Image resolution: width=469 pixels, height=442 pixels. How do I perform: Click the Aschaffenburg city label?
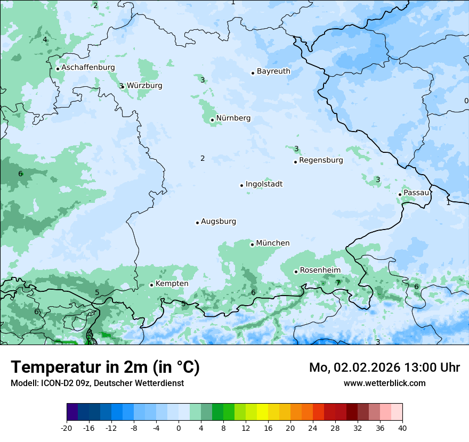click(x=88, y=68)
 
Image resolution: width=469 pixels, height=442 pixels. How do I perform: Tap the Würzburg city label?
click(x=144, y=86)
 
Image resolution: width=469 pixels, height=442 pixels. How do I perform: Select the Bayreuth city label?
click(x=273, y=71)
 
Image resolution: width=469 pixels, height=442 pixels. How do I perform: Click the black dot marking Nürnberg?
click(x=212, y=120)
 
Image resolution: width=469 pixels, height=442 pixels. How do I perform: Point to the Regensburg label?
click(x=321, y=160)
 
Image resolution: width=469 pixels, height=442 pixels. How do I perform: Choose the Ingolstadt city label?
click(x=264, y=184)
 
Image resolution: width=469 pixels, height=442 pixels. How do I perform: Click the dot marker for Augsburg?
click(x=197, y=223)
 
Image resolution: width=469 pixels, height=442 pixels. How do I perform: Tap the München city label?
click(x=273, y=243)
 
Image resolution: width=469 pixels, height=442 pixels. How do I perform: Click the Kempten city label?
click(x=172, y=284)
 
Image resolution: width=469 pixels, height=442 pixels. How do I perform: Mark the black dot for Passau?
click(x=400, y=194)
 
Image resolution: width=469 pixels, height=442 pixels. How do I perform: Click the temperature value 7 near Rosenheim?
click(x=338, y=283)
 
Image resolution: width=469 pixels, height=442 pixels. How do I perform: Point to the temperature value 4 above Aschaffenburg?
click(x=45, y=39)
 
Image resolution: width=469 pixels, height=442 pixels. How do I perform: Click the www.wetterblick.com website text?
click(x=384, y=383)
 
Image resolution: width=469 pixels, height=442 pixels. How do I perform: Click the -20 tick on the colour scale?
click(x=67, y=428)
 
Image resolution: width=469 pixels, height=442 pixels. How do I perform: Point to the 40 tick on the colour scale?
click(x=402, y=428)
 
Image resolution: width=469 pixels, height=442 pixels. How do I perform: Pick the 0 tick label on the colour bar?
click(x=179, y=428)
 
